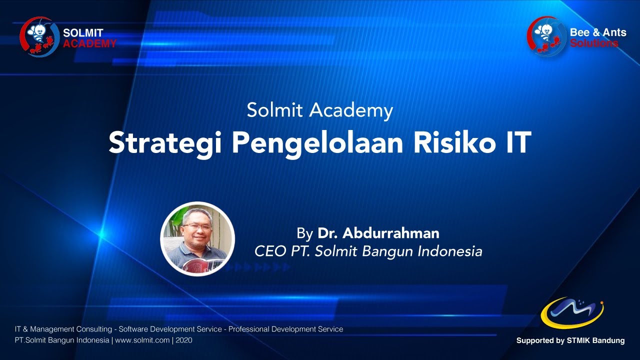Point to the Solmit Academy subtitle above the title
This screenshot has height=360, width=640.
(x=319, y=110)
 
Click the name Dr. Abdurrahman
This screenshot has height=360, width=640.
(x=378, y=233)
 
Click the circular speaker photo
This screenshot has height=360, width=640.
(x=197, y=239)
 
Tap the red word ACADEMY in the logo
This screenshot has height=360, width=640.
(x=89, y=43)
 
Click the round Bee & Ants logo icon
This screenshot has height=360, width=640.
(x=546, y=36)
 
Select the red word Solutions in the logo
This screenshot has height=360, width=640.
(x=594, y=43)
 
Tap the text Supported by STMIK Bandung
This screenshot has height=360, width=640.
(x=570, y=340)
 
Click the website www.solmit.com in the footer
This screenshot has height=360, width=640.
(x=142, y=340)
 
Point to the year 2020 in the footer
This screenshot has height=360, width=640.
(x=183, y=340)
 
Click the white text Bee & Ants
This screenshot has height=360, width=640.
(x=598, y=32)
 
